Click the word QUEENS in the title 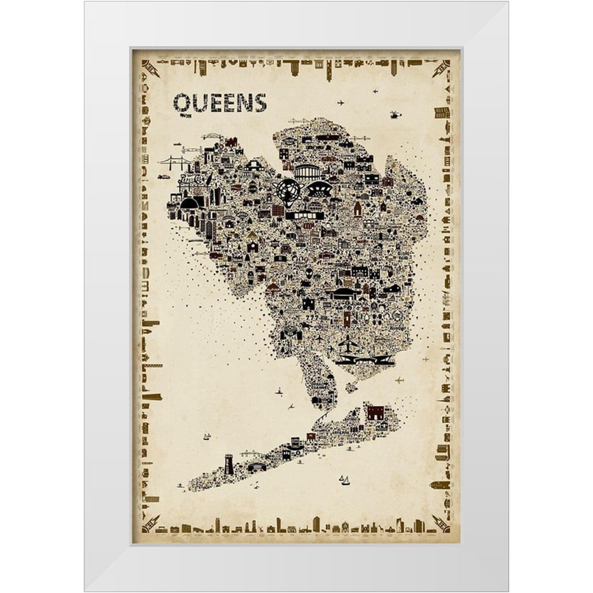(219, 103)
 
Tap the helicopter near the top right (396, 114)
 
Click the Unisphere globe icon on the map (289, 192)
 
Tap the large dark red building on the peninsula (375, 412)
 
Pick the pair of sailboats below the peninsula (344, 480)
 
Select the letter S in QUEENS (260, 103)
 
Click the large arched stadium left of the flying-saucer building (307, 173)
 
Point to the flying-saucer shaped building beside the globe (320, 190)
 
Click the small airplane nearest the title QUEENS (340, 103)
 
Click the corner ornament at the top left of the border (150, 68)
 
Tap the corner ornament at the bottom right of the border (441, 522)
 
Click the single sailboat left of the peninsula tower (206, 437)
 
